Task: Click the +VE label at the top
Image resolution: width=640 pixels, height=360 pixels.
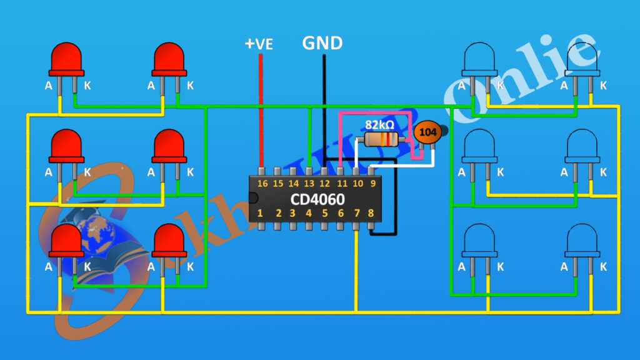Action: tap(258, 44)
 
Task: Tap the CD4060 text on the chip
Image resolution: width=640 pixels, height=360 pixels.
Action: tap(317, 199)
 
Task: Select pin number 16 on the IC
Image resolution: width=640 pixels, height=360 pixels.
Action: tap(262, 183)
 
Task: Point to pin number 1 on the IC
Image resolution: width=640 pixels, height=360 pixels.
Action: tap(260, 213)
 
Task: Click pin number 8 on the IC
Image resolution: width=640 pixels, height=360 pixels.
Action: tap(371, 213)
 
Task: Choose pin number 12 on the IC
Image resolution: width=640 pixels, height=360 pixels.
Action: tap(324, 183)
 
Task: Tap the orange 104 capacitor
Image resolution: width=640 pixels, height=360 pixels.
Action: tap(427, 132)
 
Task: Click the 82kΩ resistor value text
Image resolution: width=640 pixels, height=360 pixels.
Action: tap(379, 124)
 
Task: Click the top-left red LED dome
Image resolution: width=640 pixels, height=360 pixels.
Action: tap(67, 58)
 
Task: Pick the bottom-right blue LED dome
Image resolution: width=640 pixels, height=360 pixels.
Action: tap(582, 240)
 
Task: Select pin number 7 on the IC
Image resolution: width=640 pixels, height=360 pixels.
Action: tap(356, 213)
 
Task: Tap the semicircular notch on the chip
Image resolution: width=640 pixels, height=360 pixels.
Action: tap(252, 198)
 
